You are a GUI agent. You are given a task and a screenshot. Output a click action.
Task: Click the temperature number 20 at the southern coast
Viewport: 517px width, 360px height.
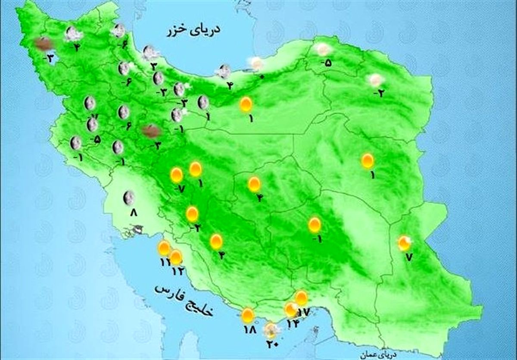point(272,344)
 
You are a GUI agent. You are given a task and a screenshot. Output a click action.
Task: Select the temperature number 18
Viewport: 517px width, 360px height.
point(249,330)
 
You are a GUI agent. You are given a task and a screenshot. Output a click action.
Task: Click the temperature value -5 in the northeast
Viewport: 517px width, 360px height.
point(327,63)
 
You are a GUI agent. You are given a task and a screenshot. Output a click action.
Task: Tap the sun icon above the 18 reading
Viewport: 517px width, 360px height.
point(248,315)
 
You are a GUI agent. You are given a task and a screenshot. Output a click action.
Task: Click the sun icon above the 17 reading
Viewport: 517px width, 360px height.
point(302,297)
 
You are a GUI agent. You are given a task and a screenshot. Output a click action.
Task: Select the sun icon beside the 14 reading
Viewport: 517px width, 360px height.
point(291,309)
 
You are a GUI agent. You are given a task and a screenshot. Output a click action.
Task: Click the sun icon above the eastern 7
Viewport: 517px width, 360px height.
point(404,243)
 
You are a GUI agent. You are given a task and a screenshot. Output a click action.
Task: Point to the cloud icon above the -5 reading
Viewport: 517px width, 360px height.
point(323,50)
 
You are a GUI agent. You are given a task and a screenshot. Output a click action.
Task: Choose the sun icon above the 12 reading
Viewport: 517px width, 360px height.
point(176,257)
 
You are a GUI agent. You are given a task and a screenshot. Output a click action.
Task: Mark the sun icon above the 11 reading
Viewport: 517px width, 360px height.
point(164,247)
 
